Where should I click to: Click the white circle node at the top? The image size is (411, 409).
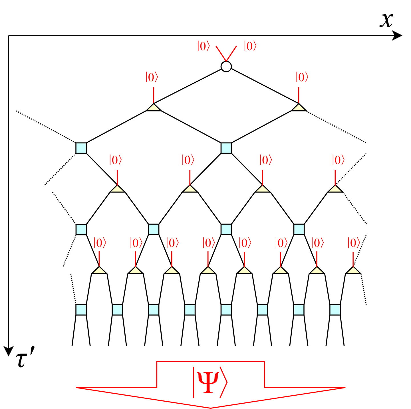click(226, 66)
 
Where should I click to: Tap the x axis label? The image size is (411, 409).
click(386, 20)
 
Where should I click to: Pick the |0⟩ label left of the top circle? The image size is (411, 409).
click(204, 46)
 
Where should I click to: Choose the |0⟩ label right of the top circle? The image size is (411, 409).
click(250, 46)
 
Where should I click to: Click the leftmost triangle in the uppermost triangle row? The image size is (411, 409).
click(154, 107)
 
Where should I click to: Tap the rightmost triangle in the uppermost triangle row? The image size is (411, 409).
click(299, 107)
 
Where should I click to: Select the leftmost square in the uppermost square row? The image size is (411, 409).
click(81, 148)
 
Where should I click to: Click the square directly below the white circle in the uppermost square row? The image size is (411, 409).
click(226, 148)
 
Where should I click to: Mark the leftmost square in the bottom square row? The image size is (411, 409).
click(81, 310)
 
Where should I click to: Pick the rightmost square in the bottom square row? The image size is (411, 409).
click(335, 310)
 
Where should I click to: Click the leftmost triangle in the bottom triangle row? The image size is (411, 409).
click(99, 270)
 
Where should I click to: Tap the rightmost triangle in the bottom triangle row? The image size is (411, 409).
click(353, 270)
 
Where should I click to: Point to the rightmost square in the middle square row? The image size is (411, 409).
click(299, 229)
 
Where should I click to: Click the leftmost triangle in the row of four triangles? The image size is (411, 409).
click(117, 189)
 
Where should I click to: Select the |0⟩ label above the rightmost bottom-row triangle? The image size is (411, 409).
click(354, 243)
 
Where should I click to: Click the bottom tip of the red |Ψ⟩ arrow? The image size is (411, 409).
click(211, 408)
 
